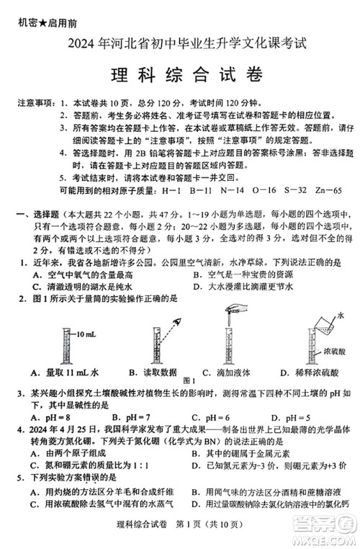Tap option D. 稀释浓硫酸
coord(302,372)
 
